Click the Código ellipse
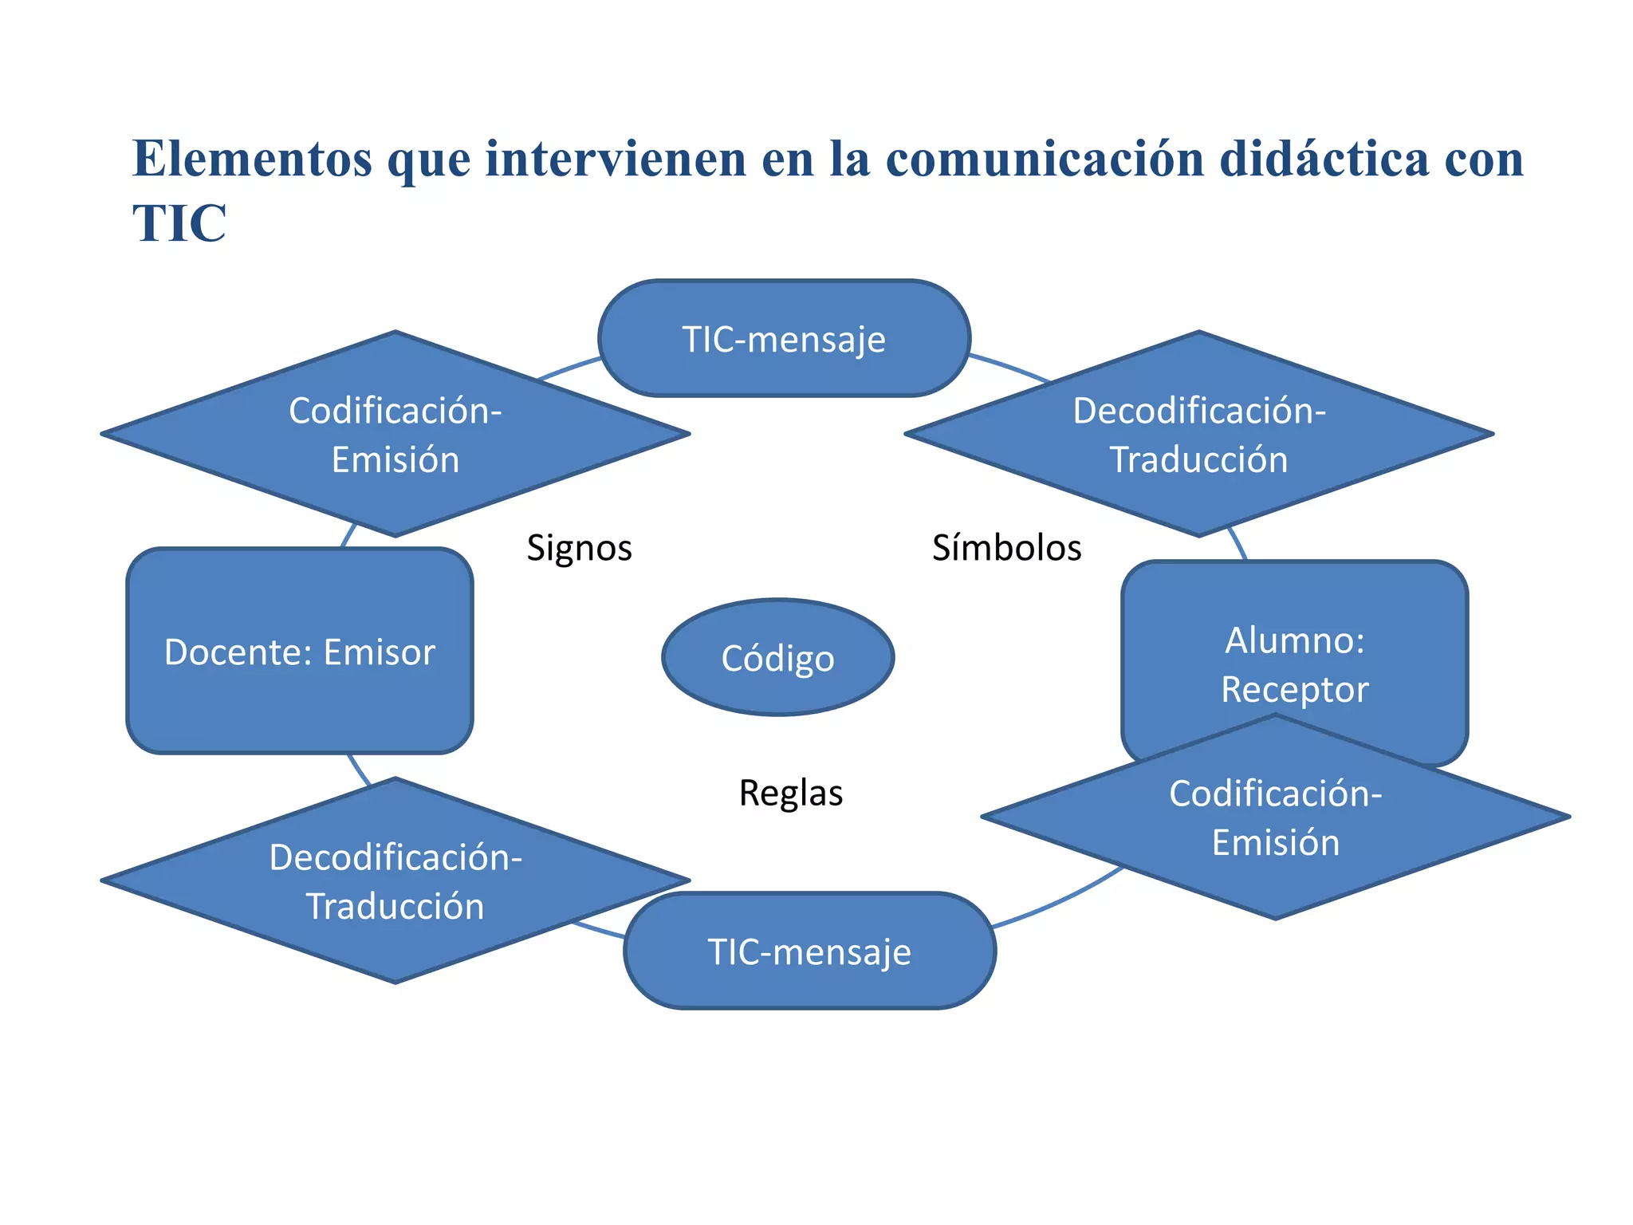777,657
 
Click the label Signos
579,548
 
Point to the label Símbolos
1006,548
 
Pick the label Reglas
790,793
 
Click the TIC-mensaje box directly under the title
784,339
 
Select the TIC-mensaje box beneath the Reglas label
809,951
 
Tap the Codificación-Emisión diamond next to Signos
395,435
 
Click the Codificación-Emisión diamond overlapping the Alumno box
1275,817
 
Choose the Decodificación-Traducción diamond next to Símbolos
1198,435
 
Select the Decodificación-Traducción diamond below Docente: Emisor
395,881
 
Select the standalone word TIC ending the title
179,223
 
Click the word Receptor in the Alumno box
1294,689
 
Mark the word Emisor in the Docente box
380,652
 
